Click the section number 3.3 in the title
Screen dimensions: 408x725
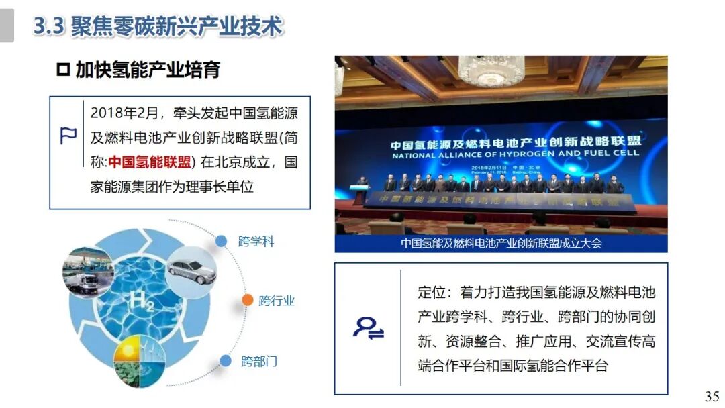coord(48,27)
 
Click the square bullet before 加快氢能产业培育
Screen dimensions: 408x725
coord(63,70)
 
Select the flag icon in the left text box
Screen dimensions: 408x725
coord(68,136)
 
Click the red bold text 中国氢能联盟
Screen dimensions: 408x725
coord(150,162)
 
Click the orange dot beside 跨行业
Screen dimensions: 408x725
coord(247,300)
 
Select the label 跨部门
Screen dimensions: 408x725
coord(259,362)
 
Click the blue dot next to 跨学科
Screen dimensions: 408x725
coord(221,241)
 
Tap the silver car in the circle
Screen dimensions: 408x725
coord(191,270)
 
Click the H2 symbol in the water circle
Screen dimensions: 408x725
coord(144,303)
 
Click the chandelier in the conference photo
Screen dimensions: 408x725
coord(491,69)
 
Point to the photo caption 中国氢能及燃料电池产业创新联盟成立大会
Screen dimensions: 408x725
coord(501,243)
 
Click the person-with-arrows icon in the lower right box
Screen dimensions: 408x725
coord(369,328)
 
